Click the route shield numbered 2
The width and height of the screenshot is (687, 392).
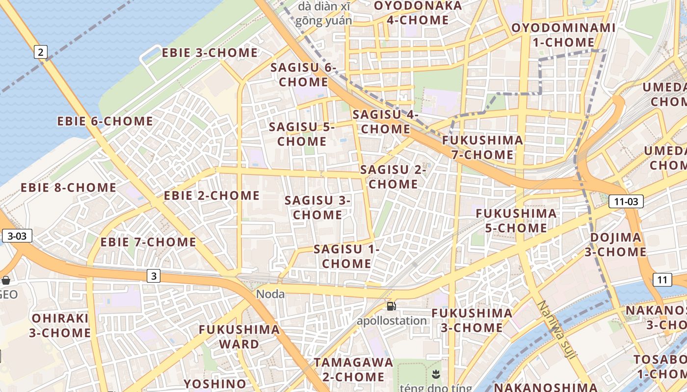point(41,52)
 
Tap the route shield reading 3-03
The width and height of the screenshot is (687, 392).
point(17,236)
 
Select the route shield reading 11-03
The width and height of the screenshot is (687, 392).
point(626,201)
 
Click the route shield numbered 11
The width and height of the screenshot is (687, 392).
point(662,280)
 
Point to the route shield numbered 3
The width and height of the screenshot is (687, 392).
point(154,276)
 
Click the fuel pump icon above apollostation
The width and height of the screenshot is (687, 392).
point(391,307)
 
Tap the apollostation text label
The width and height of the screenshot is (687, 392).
point(392,321)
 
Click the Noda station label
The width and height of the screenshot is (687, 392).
point(270,294)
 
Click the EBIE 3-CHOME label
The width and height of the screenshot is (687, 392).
point(210,53)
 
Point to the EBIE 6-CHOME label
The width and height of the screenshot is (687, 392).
point(105,121)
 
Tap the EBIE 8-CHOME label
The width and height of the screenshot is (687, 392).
point(68,188)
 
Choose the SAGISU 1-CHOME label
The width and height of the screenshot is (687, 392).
point(346,256)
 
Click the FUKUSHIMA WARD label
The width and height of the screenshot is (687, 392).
point(239,337)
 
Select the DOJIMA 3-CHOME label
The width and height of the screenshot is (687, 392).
point(615,245)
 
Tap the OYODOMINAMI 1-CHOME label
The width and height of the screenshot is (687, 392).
point(563,35)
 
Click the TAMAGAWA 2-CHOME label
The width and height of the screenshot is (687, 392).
point(353,370)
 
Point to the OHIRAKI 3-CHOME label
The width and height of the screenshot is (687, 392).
point(60,325)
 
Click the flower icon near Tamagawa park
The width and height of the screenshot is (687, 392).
point(435,375)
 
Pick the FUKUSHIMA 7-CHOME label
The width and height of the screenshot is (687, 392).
point(482,147)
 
